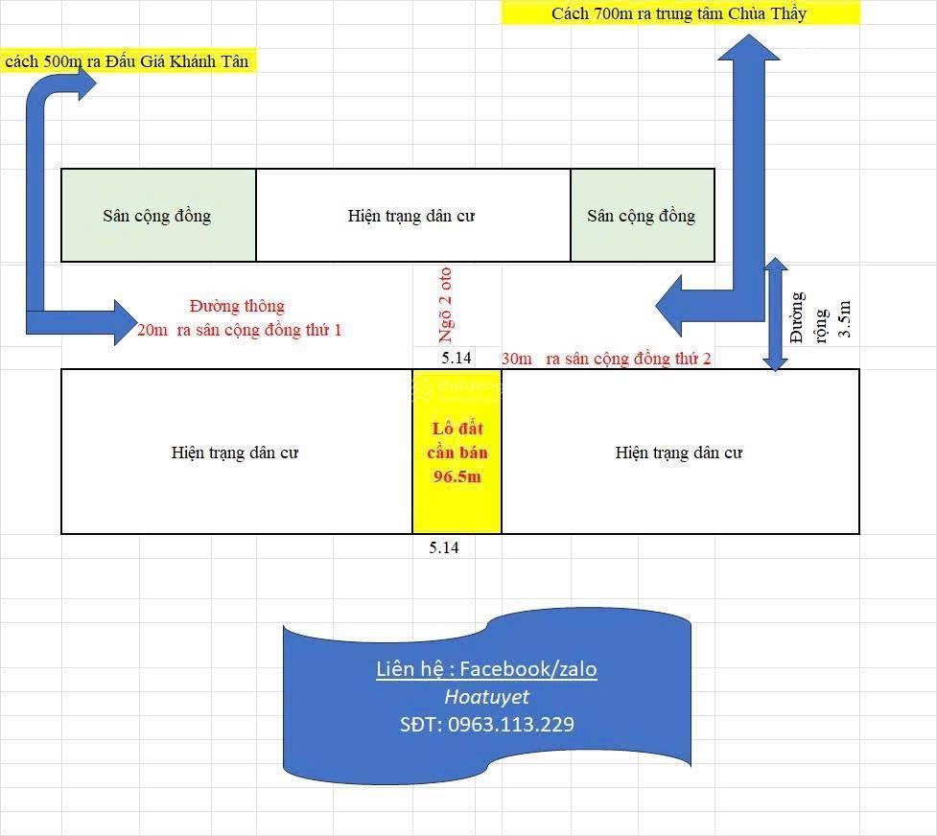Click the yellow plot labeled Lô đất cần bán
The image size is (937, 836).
tap(457, 452)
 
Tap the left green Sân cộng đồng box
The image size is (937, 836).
tap(159, 215)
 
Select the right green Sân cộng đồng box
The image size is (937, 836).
tap(643, 215)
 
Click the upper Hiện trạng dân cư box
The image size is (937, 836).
tap(413, 215)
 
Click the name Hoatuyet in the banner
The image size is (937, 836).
tap(487, 697)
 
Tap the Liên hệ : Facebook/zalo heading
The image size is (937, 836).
tap(486, 668)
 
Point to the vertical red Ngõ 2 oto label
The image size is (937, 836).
tap(446, 305)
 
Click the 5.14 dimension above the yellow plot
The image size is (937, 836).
tap(457, 358)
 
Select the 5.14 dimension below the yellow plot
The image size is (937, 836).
tap(444, 547)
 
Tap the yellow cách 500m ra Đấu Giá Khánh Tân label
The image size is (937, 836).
tap(128, 61)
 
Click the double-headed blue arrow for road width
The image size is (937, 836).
tap(776, 314)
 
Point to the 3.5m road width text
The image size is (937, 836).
tap(844, 319)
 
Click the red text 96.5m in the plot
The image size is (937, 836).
tap(457, 476)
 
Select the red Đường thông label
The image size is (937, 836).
tap(237, 306)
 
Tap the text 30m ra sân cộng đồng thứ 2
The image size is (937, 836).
tap(606, 359)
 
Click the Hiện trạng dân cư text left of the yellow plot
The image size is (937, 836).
tap(235, 453)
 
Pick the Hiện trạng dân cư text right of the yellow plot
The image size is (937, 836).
tap(679, 453)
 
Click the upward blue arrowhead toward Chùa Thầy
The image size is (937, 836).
tap(749, 48)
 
